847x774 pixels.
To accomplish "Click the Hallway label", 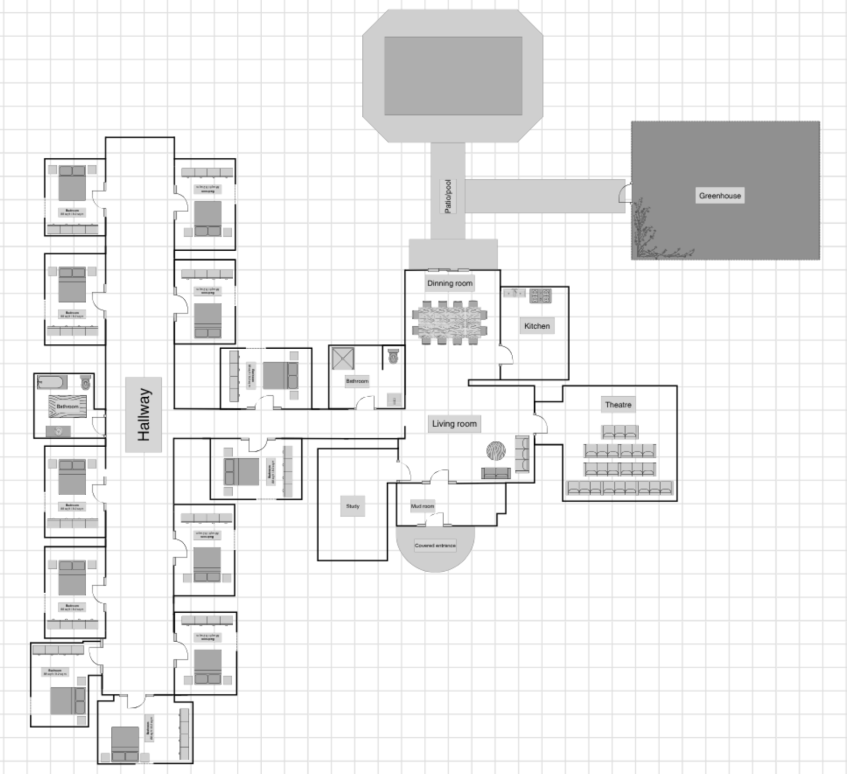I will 144,414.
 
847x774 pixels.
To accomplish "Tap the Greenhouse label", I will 720,195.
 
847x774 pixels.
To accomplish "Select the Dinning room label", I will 449,283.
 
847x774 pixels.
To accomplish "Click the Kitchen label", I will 537,326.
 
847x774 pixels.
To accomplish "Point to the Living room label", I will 454,424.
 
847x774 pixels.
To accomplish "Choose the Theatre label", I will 618,405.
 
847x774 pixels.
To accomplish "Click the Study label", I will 352,506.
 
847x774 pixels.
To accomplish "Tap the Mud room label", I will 422,506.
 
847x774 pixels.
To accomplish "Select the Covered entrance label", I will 435,545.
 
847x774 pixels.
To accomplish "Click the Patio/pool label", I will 448,196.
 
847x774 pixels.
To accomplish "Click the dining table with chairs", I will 449,322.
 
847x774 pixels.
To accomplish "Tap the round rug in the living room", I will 496,451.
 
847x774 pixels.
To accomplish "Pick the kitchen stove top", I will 541,295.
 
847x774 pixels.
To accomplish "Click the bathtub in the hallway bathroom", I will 52,382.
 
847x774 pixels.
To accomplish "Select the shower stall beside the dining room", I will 343,358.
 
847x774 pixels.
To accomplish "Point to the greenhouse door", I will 625,192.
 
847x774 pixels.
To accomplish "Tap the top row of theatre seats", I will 620,432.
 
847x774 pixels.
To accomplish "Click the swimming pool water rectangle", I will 453,75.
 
